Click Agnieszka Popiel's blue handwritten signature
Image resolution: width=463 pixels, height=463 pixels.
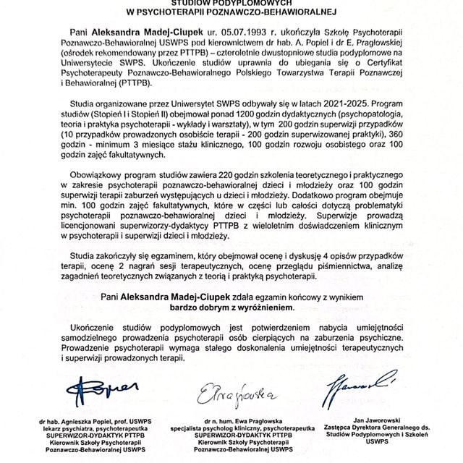[x=98, y=383]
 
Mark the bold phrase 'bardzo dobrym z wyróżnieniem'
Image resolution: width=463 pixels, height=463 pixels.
[x=231, y=307]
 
